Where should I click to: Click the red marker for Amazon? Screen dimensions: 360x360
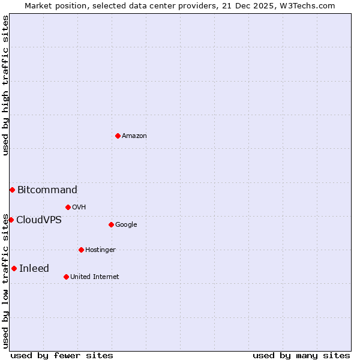click(x=118, y=136)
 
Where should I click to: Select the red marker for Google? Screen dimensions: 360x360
click(x=111, y=224)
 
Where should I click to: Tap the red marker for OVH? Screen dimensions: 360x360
click(x=68, y=207)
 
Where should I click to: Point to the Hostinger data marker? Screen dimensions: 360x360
click(x=81, y=250)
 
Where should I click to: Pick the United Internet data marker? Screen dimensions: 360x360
click(x=66, y=277)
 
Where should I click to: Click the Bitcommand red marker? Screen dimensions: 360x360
click(x=12, y=190)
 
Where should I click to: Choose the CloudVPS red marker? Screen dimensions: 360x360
click(x=11, y=220)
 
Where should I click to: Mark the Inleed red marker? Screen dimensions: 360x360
click(x=14, y=268)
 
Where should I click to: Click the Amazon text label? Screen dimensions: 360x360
click(x=134, y=136)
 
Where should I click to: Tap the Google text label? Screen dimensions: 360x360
click(x=126, y=225)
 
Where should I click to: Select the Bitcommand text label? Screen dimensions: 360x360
click(x=47, y=190)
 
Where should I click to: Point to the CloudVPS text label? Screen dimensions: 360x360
click(x=39, y=220)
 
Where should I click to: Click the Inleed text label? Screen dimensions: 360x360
click(x=34, y=269)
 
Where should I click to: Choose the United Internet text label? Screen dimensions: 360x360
click(x=95, y=277)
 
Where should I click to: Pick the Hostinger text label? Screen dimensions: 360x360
click(x=100, y=250)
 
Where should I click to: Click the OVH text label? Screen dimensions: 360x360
click(x=79, y=208)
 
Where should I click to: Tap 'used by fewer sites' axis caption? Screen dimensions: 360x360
click(x=62, y=356)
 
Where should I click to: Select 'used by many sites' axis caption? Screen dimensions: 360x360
click(x=301, y=356)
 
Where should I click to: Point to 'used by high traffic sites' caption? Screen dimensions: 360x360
click(x=6, y=85)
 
